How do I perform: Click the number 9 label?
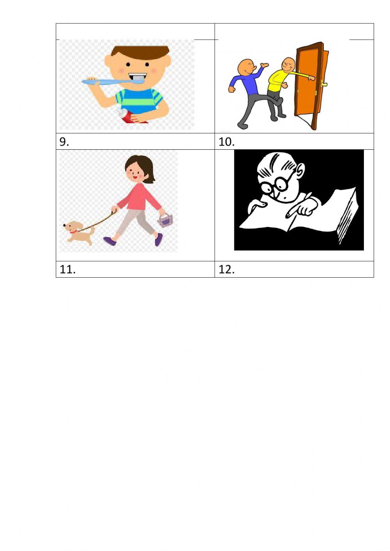coord(64,142)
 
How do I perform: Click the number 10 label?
coord(227,142)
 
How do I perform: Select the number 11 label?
coord(67,269)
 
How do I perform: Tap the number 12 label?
coord(227,269)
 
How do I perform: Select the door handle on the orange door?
coord(323,83)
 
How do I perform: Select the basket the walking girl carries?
coord(165,220)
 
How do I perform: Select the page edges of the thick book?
coord(347,218)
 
